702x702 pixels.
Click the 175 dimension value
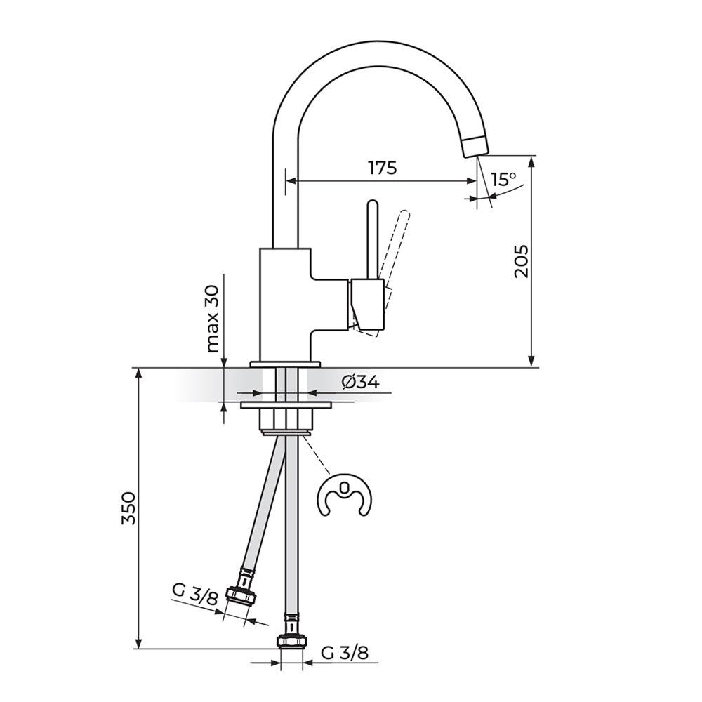[383, 168]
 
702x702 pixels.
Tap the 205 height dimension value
[522, 261]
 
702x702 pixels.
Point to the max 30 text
[213, 318]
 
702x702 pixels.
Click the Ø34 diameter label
[360, 383]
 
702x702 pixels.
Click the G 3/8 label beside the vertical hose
[345, 653]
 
